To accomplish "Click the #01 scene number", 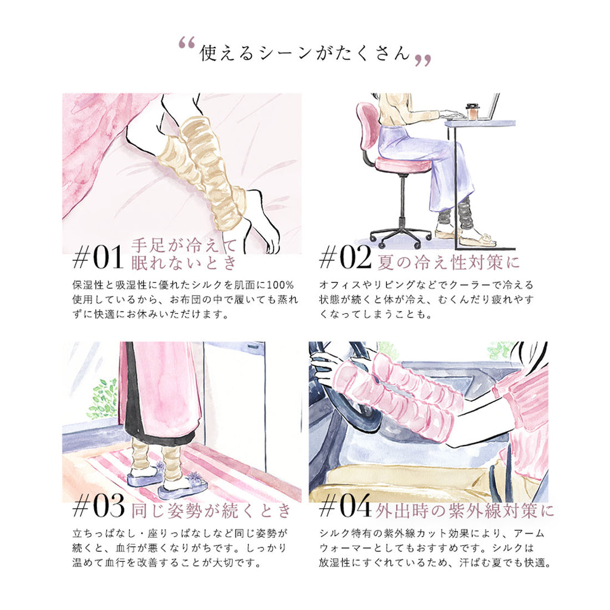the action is coord(98,257).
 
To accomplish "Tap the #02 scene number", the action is coord(345,257).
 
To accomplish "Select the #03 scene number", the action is coord(98,506).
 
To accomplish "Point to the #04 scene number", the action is coord(345,506).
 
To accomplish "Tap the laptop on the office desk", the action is coord(488,108).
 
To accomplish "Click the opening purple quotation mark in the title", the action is coord(186,43).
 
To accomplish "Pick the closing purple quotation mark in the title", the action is coord(423,61).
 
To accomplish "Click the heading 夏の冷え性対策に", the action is coord(449,262).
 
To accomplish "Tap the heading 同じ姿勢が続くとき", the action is coord(211,511).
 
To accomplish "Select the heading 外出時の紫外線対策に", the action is coord(465,511).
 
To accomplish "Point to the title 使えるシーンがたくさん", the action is coord(305,52).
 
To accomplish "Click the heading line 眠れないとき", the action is coord(184,263).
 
